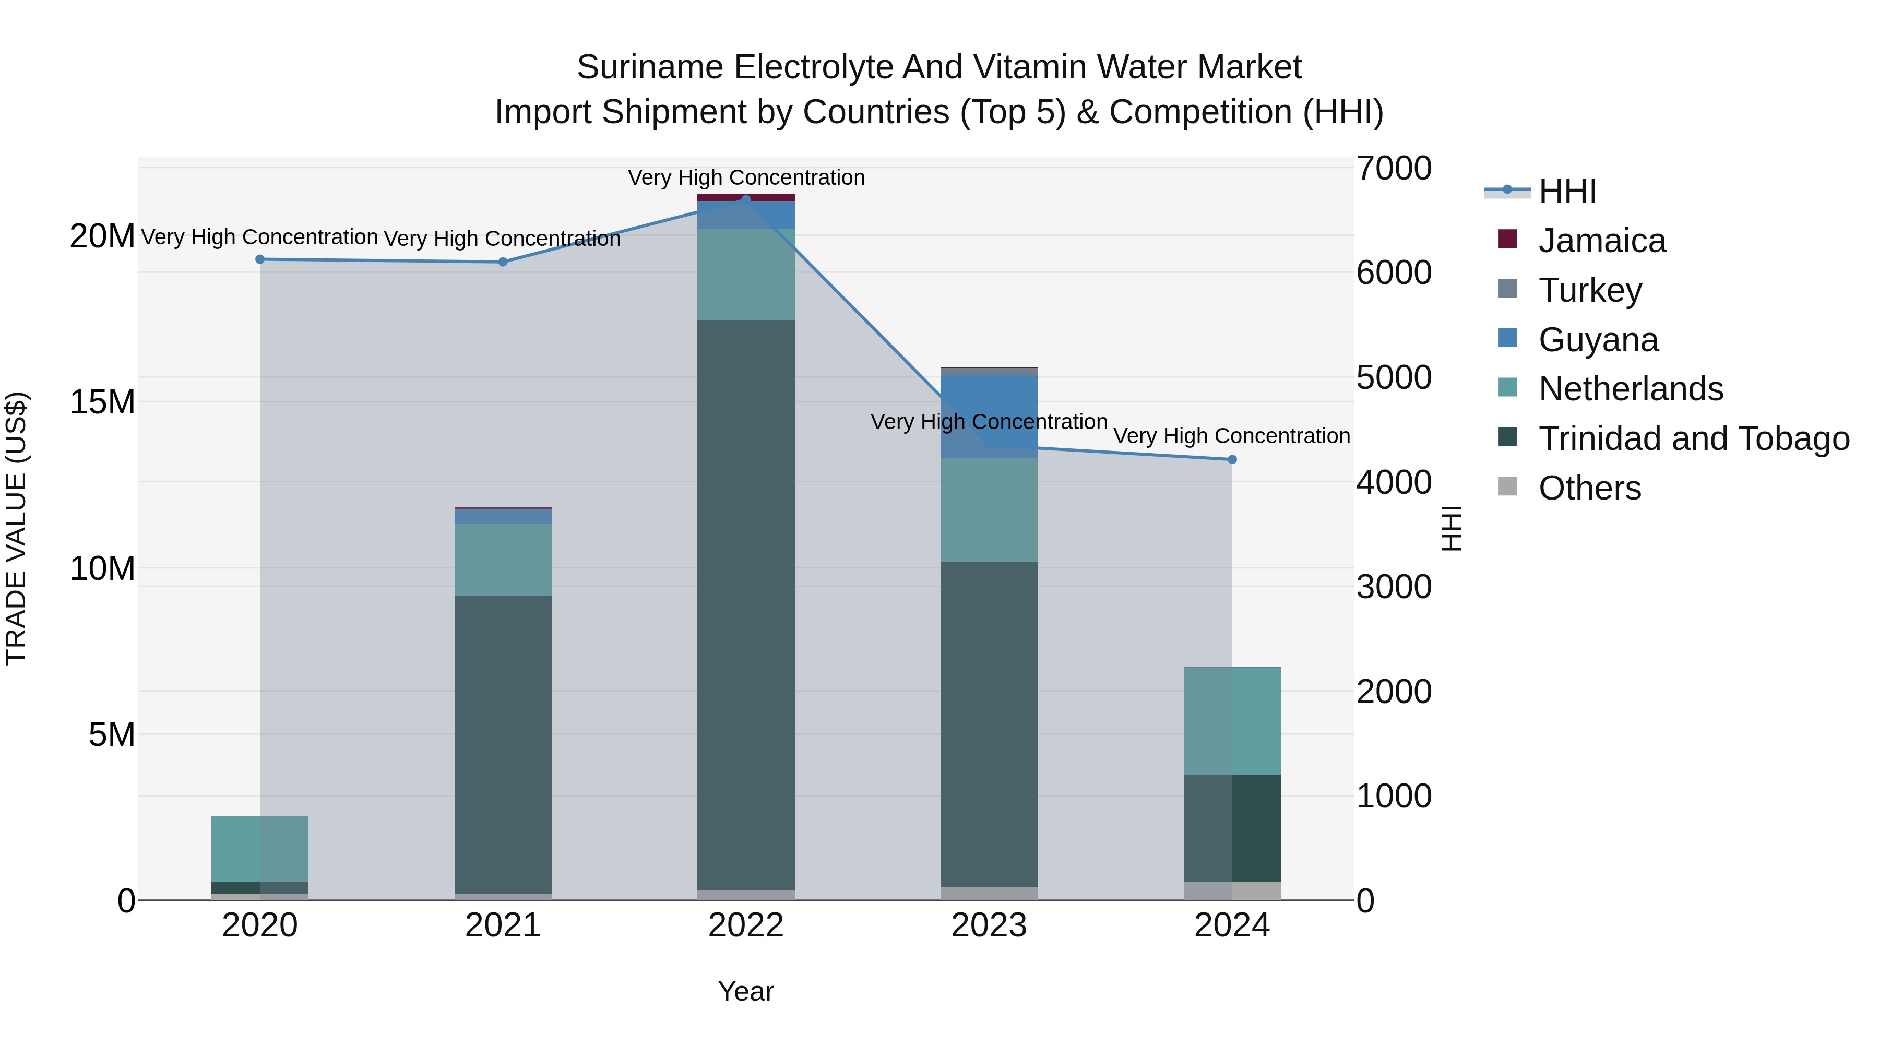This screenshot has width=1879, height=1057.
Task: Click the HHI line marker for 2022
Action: pyautogui.click(x=745, y=199)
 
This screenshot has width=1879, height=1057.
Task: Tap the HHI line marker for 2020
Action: pyautogui.click(x=260, y=259)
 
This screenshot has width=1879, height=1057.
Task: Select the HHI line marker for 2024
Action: pyautogui.click(x=1232, y=459)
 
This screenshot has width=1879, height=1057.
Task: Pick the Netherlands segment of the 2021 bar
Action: pyautogui.click(x=503, y=560)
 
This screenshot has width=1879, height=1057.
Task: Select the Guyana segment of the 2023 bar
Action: pyautogui.click(x=989, y=417)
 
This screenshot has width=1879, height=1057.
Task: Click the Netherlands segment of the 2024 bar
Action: pyautogui.click(x=1232, y=721)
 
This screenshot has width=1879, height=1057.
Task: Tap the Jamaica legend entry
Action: pyautogui.click(x=1601, y=241)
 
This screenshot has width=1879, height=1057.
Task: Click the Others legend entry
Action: pyautogui.click(x=1589, y=488)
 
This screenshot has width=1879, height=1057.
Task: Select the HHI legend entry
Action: pyautogui.click(x=1567, y=191)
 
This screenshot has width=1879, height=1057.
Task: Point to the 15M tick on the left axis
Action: pyautogui.click(x=102, y=402)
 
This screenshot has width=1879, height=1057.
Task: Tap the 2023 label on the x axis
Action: pyautogui.click(x=989, y=925)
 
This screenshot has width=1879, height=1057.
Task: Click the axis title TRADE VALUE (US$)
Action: pyautogui.click(x=16, y=528)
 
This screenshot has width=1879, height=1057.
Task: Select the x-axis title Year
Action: pyautogui.click(x=745, y=991)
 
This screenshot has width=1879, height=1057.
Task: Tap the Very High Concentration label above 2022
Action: pyautogui.click(x=745, y=177)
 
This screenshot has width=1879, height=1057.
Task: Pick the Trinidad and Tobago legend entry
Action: pyautogui.click(x=1693, y=438)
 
